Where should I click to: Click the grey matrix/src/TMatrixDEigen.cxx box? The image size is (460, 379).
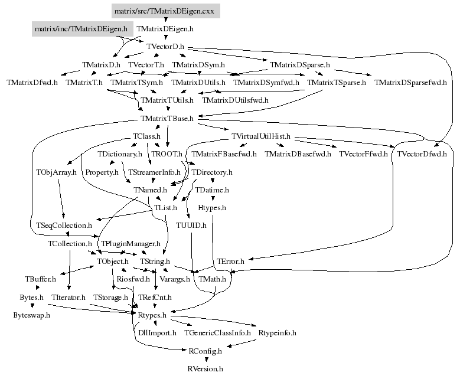click(165, 11)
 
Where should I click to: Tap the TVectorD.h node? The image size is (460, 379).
click(165, 46)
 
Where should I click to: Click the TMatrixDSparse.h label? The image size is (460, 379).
click(299, 64)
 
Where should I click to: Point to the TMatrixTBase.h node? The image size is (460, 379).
click(168, 119)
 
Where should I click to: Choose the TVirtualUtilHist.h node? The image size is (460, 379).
click(261, 136)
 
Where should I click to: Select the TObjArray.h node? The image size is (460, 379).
click(56, 172)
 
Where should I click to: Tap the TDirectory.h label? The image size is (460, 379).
click(211, 172)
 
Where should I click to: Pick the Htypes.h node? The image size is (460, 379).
click(211, 208)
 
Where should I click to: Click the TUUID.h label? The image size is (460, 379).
click(191, 226)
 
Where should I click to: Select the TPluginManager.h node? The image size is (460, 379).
click(131, 243)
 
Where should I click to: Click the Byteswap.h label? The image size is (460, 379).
click(31, 315)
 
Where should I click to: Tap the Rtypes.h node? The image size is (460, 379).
click(152, 315)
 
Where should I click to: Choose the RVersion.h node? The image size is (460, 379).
click(205, 369)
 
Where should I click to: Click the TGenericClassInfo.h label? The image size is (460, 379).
click(218, 333)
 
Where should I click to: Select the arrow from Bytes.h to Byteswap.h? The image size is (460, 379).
click(31, 306)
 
